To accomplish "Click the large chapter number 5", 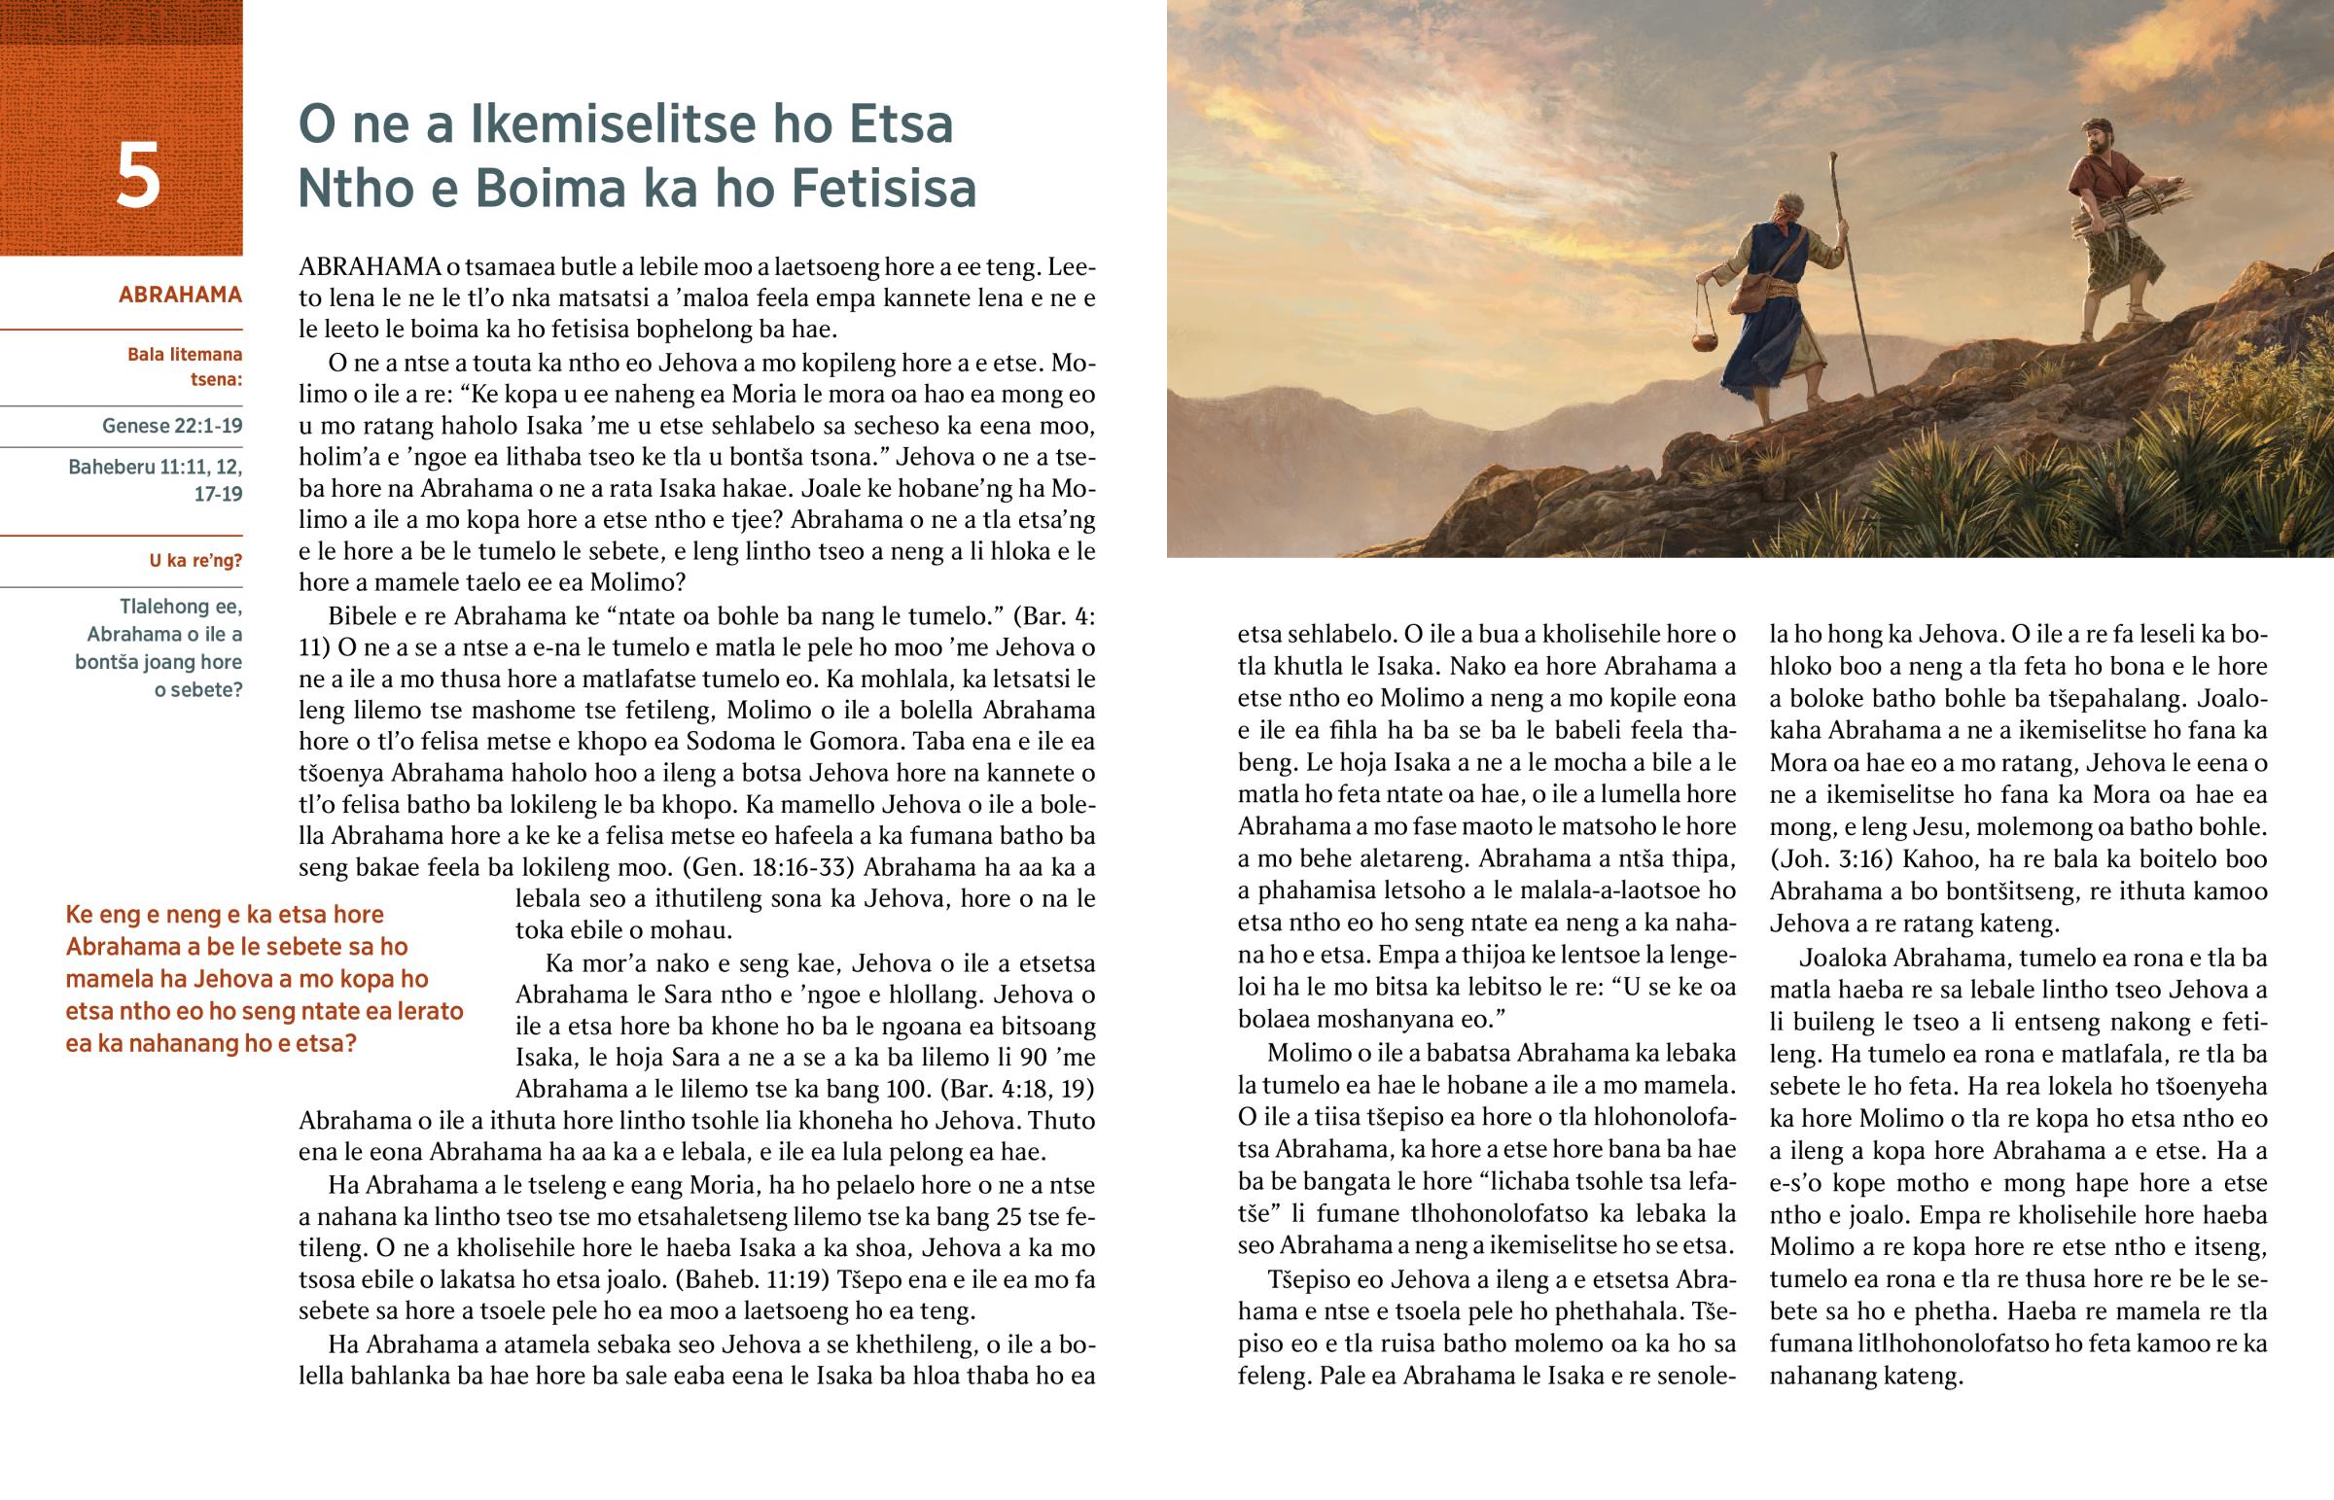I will click(137, 176).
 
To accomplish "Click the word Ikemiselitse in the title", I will click(617, 124).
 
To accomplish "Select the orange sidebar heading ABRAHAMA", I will click(180, 295).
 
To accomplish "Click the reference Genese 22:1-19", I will click(171, 426).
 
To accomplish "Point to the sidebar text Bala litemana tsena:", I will click(185, 366).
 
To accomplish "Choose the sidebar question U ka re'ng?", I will click(194, 561).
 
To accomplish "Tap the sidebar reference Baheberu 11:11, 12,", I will click(155, 468).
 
